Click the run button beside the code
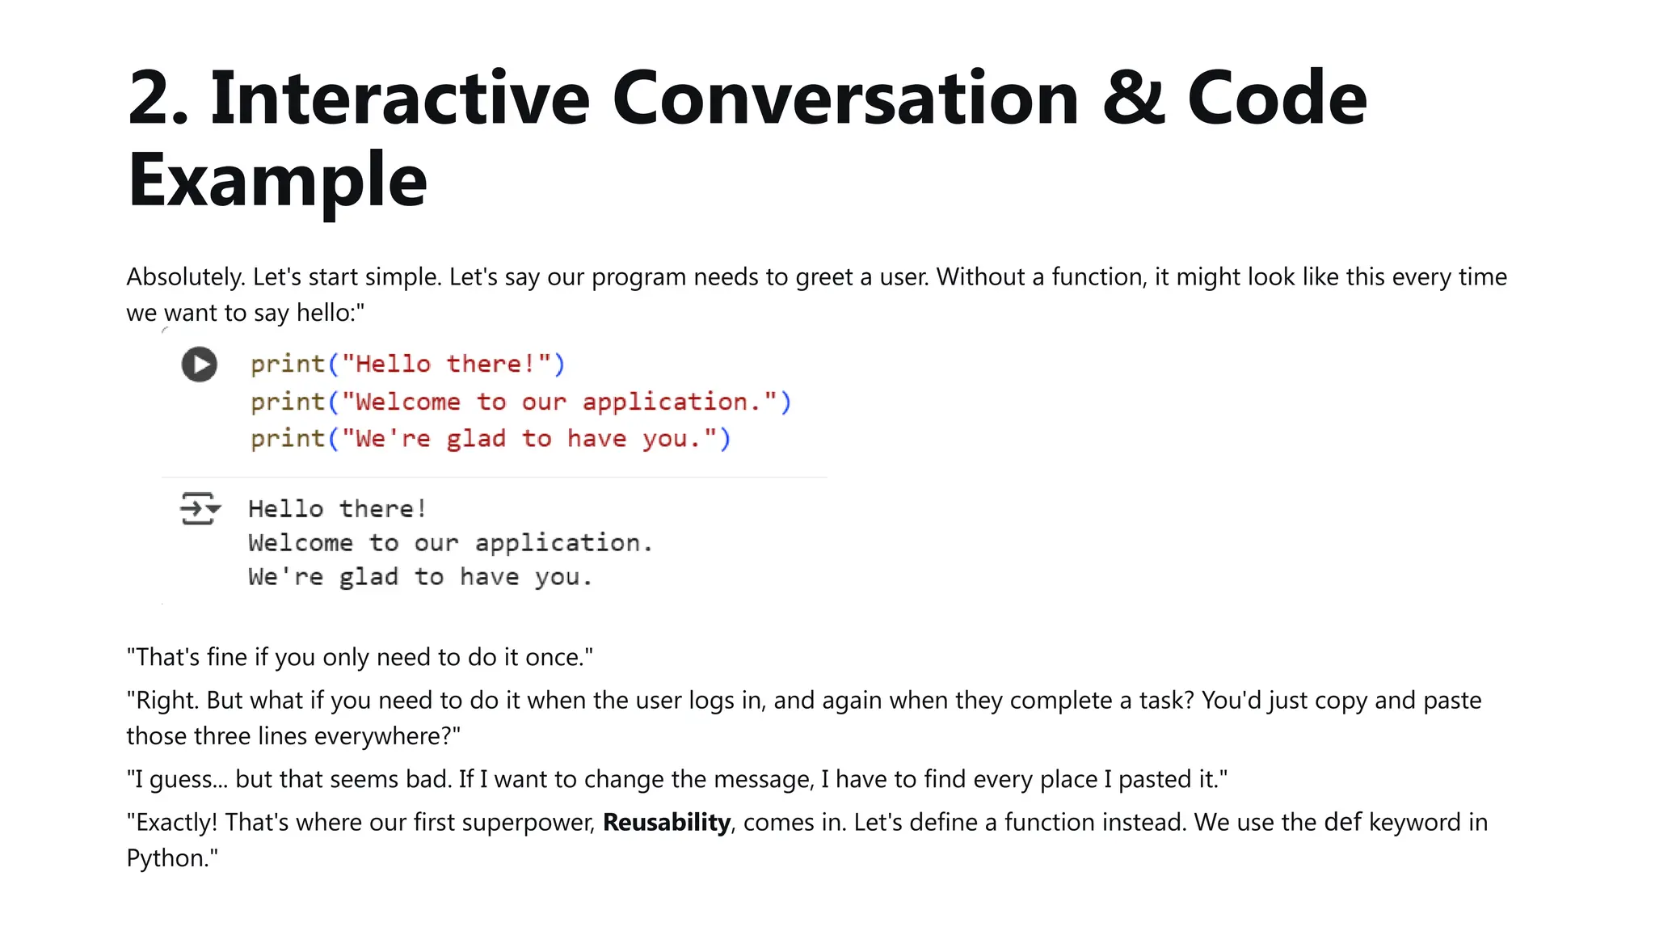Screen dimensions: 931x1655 [199, 364]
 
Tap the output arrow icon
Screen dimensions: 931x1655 [199, 508]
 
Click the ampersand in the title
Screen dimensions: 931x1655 [1133, 99]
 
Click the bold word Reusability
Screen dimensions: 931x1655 [667, 823]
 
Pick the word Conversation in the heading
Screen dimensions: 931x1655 [845, 99]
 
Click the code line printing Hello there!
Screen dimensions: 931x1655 [407, 364]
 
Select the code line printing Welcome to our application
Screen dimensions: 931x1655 [520, 402]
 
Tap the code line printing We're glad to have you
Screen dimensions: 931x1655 [490, 439]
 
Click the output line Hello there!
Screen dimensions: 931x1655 [337, 509]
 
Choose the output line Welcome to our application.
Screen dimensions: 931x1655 [449, 543]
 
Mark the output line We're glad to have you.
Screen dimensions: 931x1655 [419, 577]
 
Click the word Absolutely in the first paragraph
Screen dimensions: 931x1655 [185, 277]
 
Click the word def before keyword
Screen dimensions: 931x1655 [1343, 823]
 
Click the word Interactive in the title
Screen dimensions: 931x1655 [400, 99]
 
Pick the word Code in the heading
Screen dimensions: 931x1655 [1277, 99]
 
